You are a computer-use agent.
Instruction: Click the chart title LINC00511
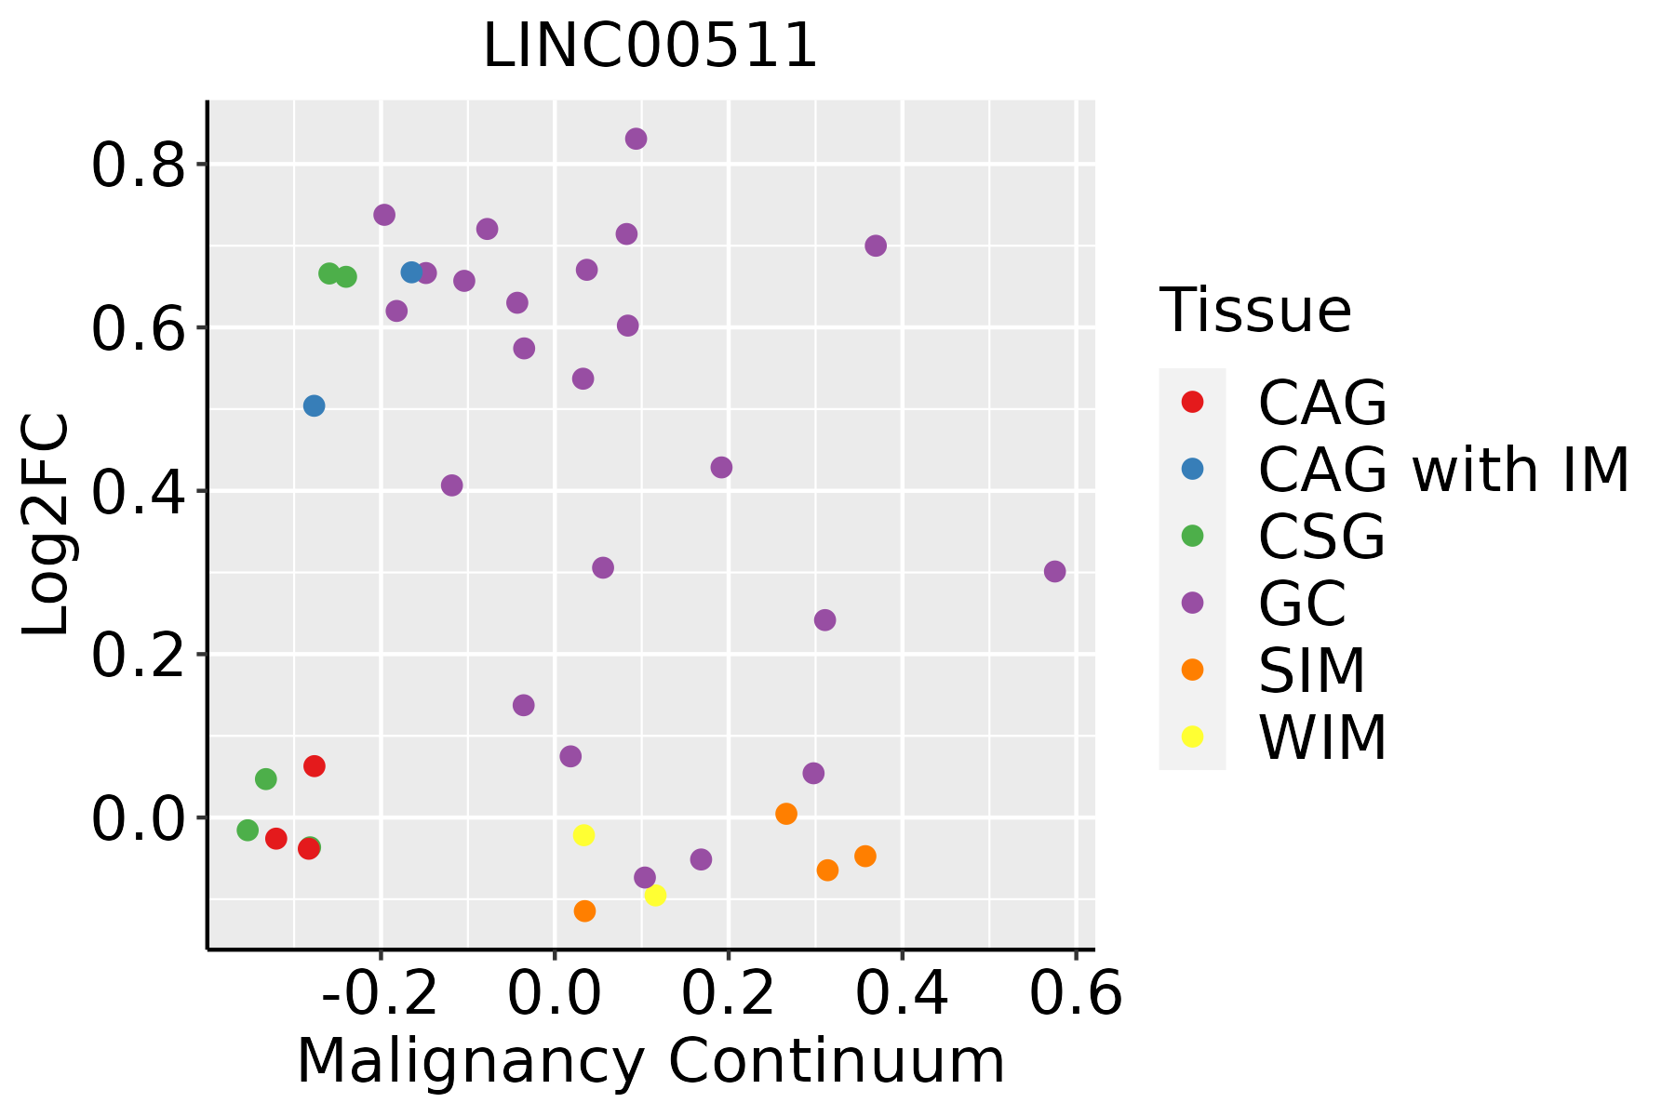click(650, 46)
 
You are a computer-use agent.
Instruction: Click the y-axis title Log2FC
click(47, 525)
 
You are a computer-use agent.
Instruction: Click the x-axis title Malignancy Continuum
click(650, 1062)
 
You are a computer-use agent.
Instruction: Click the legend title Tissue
click(1255, 311)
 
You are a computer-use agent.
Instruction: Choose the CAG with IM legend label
click(1443, 470)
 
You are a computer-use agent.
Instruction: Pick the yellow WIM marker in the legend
click(1192, 737)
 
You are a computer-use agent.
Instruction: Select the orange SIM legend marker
click(1192, 670)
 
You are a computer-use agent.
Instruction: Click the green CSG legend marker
click(1192, 536)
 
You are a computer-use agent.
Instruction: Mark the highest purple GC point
click(636, 139)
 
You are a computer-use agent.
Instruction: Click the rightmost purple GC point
click(1054, 572)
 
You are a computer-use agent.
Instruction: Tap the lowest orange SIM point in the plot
click(584, 911)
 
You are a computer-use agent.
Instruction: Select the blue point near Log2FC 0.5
click(315, 406)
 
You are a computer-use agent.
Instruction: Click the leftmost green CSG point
click(248, 830)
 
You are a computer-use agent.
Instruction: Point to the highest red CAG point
click(315, 766)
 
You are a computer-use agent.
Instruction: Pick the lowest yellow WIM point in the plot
click(655, 896)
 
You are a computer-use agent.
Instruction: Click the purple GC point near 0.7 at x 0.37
click(876, 246)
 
